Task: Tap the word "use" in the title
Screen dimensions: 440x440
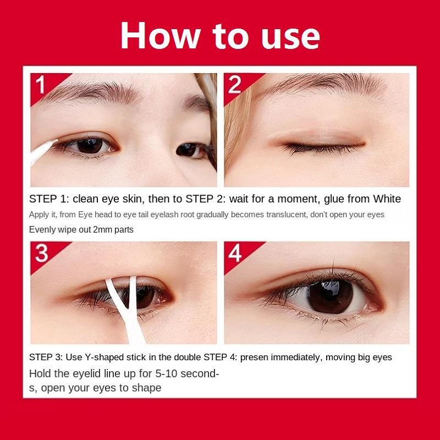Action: click(290, 38)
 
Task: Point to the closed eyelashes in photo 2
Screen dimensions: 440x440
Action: click(320, 148)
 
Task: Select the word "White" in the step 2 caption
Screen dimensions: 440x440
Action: click(387, 199)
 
